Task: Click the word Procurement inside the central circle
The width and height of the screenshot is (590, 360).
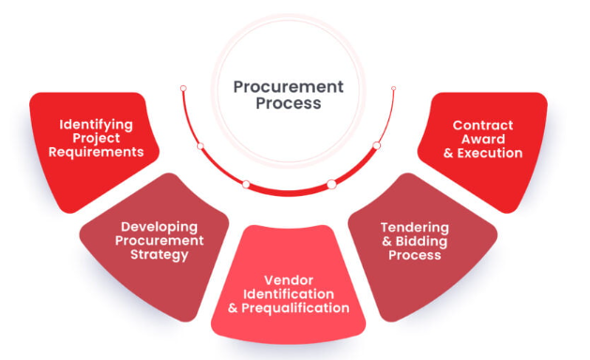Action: click(288, 87)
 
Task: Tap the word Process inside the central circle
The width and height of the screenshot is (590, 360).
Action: click(288, 103)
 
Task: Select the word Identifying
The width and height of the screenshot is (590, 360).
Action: click(97, 124)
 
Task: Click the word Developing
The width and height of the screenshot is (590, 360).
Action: click(159, 226)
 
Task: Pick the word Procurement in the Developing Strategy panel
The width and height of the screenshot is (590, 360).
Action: click(160, 240)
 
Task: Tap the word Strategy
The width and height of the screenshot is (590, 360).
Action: click(160, 254)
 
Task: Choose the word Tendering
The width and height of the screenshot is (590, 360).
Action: click(414, 228)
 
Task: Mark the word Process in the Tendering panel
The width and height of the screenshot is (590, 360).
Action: click(414, 255)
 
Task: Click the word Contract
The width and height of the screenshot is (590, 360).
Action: click(484, 125)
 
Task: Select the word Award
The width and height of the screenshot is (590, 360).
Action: click(484, 139)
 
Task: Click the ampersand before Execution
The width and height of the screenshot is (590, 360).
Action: click(449, 153)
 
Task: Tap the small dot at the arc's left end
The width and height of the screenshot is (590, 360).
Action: click(183, 88)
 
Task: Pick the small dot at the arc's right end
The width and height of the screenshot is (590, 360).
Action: click(393, 88)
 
